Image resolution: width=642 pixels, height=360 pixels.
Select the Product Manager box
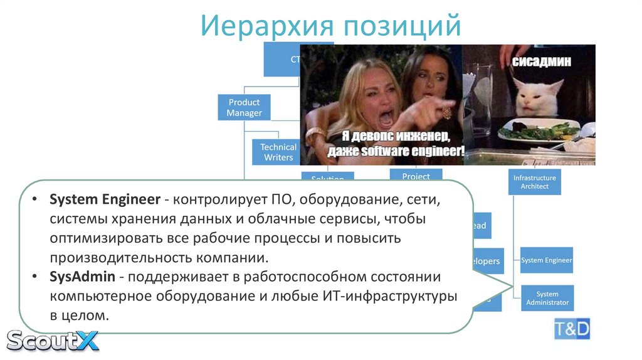point(244,107)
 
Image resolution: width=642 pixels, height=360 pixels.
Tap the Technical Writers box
point(278,152)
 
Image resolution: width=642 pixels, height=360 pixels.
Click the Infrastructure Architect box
point(535,182)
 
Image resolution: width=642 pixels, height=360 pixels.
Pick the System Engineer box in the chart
point(546,260)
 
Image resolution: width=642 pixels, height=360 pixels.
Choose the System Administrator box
point(547,298)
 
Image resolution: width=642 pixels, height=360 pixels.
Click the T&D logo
point(572,328)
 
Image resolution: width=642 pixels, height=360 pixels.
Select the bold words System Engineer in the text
point(105,200)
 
